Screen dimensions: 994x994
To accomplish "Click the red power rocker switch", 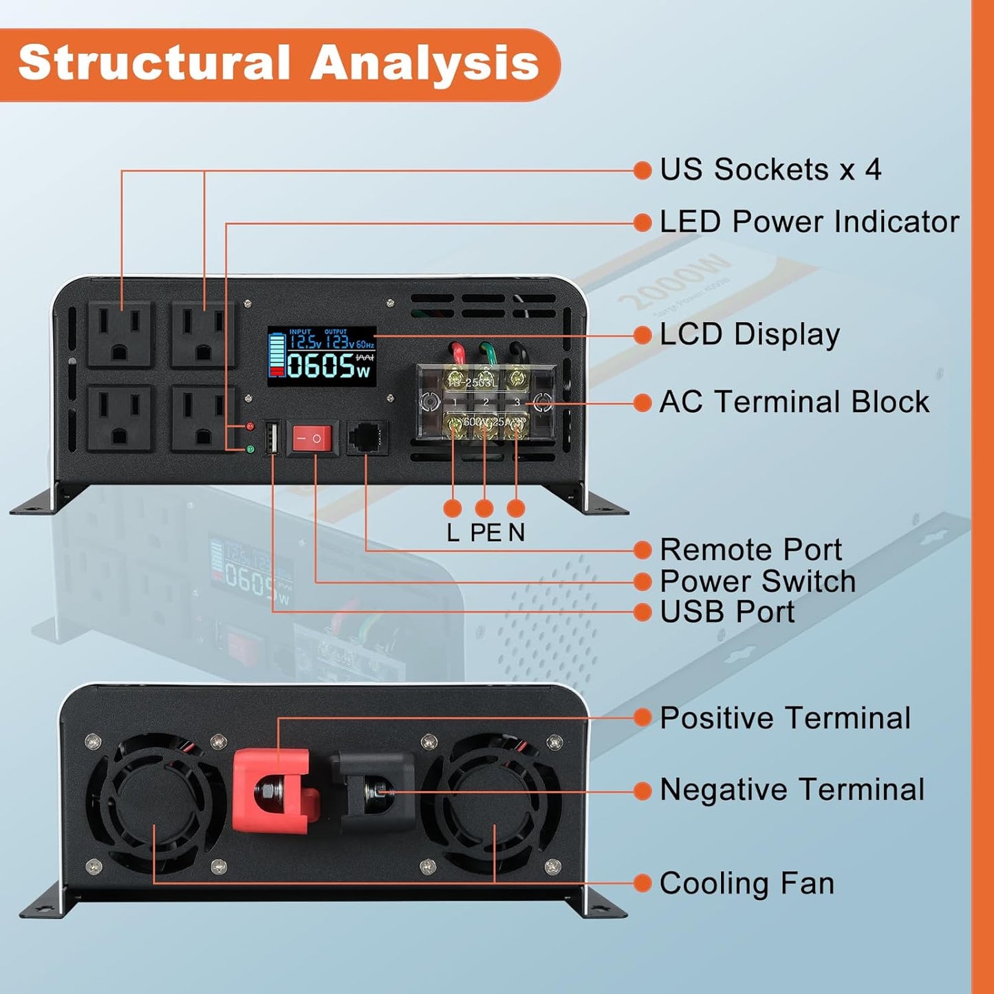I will [x=313, y=438].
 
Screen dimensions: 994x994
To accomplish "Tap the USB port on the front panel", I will [x=271, y=438].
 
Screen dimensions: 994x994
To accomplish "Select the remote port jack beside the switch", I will [x=366, y=438].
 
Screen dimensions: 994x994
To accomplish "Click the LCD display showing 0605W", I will [x=322, y=356].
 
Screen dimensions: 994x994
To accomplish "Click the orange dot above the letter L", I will [x=453, y=508].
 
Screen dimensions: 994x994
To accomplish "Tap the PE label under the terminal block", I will [x=486, y=533].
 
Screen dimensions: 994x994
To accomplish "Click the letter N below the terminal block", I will [x=517, y=533].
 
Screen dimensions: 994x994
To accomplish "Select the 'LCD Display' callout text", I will [x=749, y=334].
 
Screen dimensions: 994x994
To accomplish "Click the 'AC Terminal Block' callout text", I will [x=794, y=402].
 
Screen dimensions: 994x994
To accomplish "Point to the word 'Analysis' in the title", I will [x=424, y=63].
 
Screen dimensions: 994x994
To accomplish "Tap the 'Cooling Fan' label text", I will [x=746, y=883].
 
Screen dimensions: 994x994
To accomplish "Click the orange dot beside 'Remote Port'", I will [x=642, y=550].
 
